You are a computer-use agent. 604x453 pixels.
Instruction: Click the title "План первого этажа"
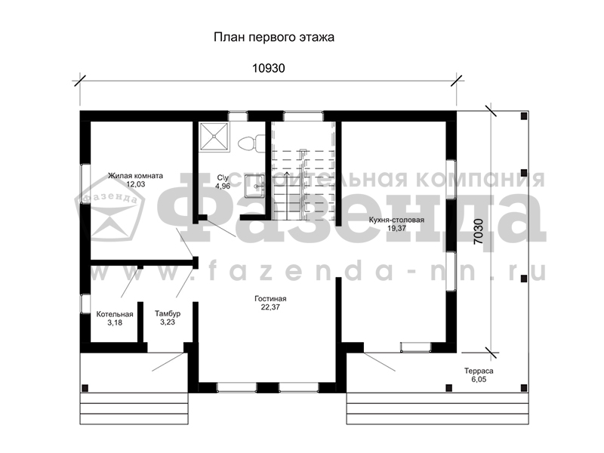274,37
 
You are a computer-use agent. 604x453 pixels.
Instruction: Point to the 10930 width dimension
269,68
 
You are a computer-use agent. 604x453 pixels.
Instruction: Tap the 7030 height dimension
478,232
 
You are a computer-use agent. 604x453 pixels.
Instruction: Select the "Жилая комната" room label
135,176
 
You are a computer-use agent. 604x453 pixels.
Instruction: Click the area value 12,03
136,184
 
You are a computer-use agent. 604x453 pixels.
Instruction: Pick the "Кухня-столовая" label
396,220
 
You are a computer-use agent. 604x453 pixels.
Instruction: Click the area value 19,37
397,229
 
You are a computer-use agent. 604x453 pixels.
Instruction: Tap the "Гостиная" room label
270,298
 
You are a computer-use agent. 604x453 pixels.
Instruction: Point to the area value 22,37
270,307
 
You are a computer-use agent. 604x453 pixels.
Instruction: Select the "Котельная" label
115,314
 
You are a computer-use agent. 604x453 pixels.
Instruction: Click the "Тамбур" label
168,313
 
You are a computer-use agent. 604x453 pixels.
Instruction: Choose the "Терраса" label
479,371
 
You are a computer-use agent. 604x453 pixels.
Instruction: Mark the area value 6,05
479,380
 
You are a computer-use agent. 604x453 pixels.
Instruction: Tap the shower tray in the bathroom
214,137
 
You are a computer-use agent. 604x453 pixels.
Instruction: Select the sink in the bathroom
254,186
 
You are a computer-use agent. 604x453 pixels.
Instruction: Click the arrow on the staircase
287,196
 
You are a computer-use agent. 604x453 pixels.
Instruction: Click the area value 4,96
223,186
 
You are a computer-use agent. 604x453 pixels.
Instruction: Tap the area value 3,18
115,323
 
